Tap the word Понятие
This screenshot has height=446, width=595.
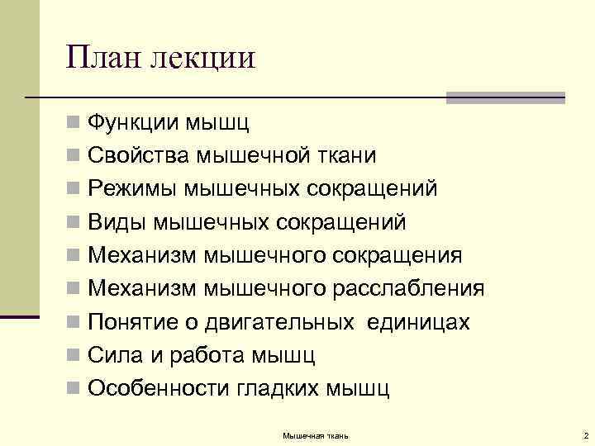[134, 321]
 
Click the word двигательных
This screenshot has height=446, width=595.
[280, 321]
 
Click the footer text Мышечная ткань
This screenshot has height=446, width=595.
[316, 434]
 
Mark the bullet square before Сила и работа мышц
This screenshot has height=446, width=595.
[74, 356]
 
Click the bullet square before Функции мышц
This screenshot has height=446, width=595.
[74, 125]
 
